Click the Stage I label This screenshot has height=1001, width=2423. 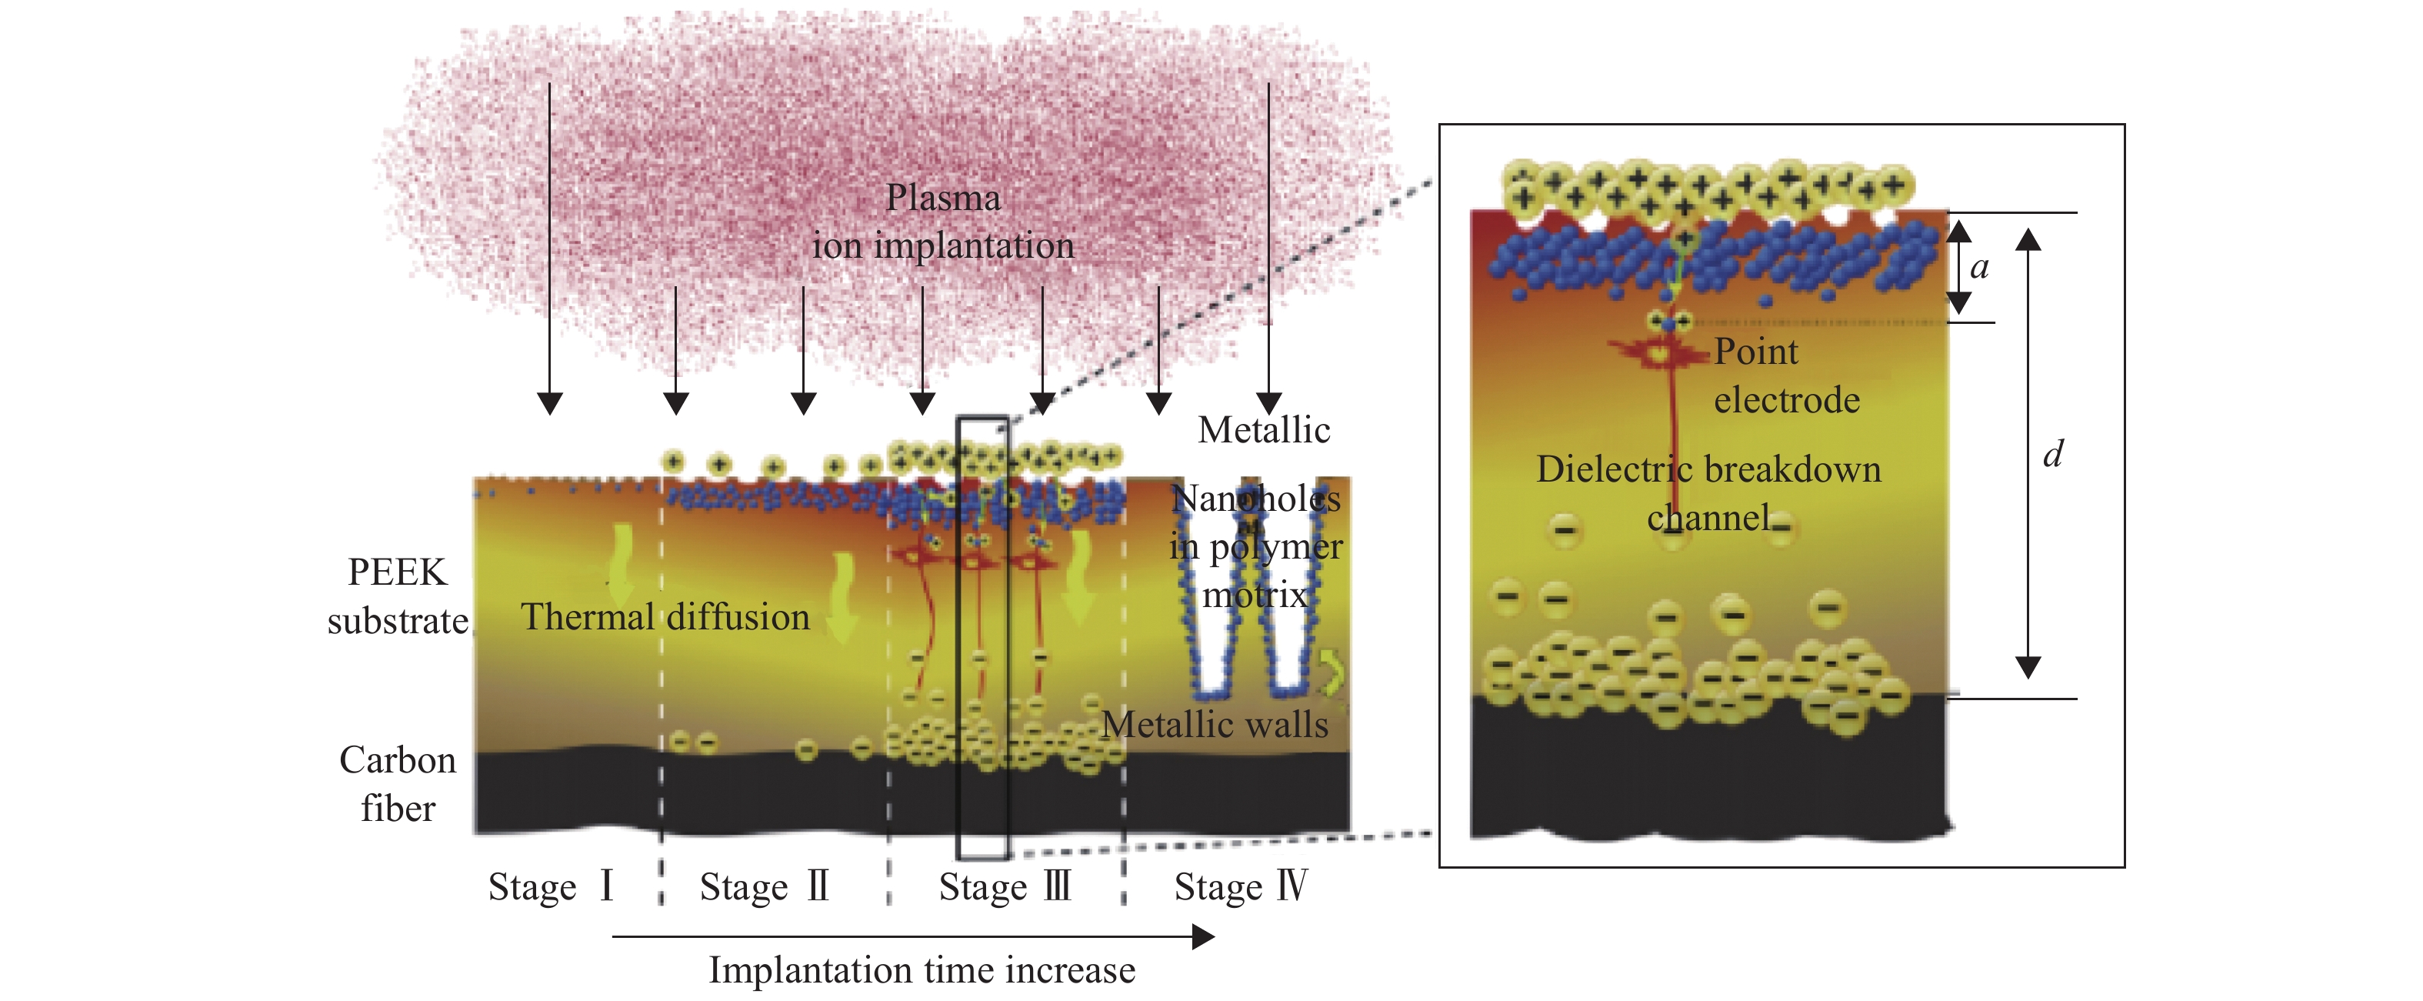550,886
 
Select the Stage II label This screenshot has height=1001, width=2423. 764,886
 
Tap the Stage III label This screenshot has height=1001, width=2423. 1005,886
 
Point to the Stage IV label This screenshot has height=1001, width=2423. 1240,886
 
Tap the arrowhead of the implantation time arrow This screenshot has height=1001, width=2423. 1204,936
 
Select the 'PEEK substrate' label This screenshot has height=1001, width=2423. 398,596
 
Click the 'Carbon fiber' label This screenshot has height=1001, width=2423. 398,784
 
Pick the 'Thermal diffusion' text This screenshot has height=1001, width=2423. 665,616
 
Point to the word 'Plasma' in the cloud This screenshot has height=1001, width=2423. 943,198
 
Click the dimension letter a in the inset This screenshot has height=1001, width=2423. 1979,267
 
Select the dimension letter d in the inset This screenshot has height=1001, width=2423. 2052,455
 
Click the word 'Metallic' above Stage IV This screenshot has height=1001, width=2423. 1263,430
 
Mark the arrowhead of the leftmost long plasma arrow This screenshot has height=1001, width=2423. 549,404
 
